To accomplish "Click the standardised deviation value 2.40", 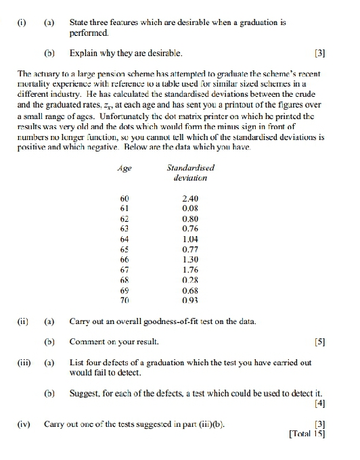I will (190, 198).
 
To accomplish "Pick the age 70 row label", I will (124, 300).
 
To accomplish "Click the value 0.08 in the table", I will (190, 208).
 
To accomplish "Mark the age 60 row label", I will (124, 198).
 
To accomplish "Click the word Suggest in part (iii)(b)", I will (85, 393).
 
